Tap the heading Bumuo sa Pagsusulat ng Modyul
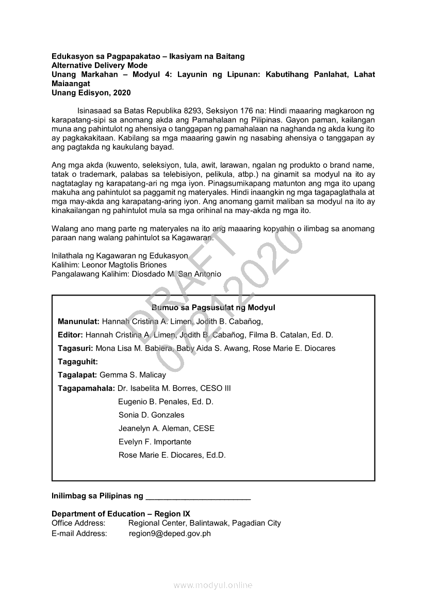click(x=214, y=307)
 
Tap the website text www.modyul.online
click(x=213, y=585)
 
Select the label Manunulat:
click(x=78, y=321)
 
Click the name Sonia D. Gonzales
click(x=151, y=415)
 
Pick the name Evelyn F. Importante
click(x=155, y=442)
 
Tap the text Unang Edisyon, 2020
click(x=91, y=93)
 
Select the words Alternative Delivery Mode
click(x=100, y=66)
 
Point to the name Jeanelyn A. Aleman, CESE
click(x=166, y=428)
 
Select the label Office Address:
click(x=78, y=523)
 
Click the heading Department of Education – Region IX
click(x=121, y=514)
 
